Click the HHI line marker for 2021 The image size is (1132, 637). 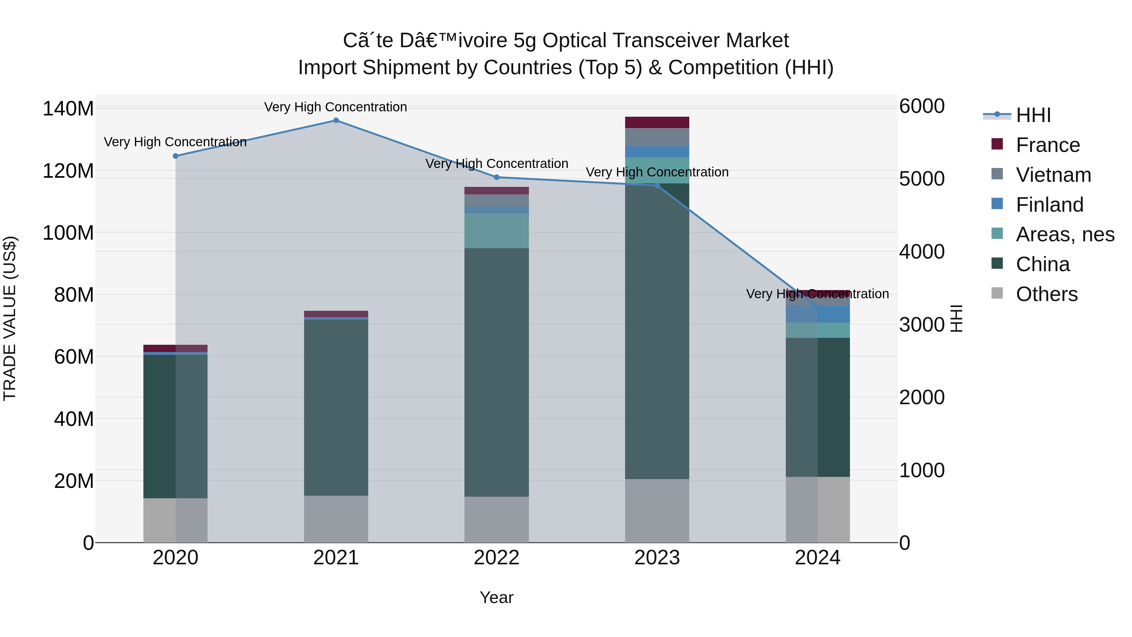[336, 120]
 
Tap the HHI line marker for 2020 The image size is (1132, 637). [175, 156]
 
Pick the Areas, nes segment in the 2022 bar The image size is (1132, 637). [497, 231]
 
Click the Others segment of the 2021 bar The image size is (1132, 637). [336, 519]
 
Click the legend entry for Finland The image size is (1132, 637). [1049, 205]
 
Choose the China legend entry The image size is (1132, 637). [1042, 264]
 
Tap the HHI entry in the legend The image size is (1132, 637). [1033, 115]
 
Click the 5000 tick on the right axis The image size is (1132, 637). [922, 179]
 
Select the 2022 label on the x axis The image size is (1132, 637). [497, 558]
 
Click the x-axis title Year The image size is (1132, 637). [497, 597]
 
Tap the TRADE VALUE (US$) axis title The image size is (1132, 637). [10, 318]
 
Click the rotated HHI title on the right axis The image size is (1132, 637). [956, 318]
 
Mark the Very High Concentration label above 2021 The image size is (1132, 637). [336, 107]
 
